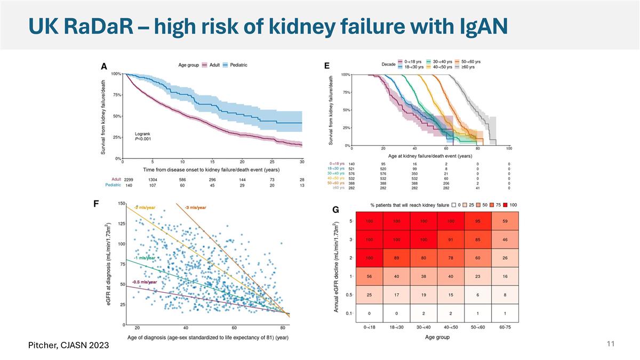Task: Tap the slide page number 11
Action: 611,344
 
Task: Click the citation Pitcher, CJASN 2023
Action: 69,346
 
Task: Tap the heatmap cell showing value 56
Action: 369,276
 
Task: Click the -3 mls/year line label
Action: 196,207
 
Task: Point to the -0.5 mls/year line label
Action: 145,282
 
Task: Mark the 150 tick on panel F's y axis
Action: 122,203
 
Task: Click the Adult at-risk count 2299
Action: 129,180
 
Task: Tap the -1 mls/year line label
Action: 144,258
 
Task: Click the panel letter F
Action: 96,204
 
